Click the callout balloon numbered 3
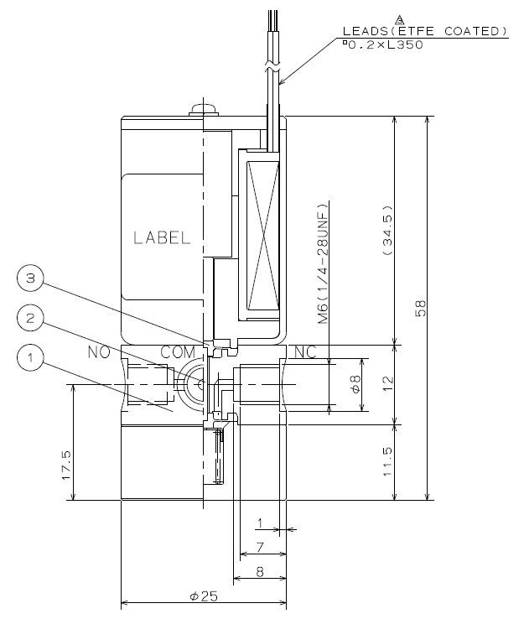tap(30, 278)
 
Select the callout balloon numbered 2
tap(30, 318)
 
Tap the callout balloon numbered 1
tap(30, 359)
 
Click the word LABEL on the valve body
tap(162, 237)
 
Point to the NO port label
tap(99, 354)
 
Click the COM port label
tap(177, 354)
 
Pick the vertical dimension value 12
tap(387, 385)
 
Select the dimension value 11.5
tap(387, 462)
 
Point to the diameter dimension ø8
tap(355, 385)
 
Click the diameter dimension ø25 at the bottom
tap(204, 596)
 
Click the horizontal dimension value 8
tap(260, 573)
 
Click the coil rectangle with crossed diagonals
tap(262, 235)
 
